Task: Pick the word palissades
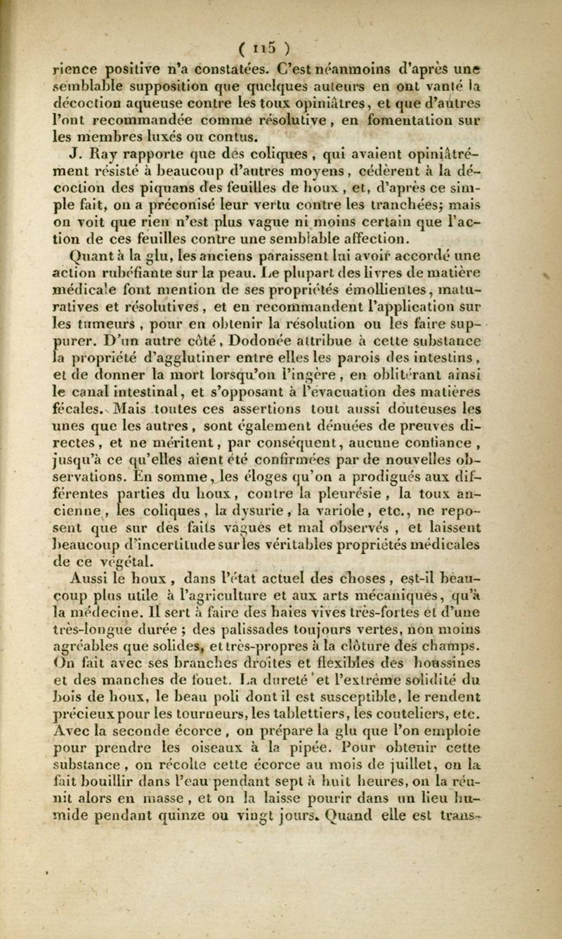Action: (x=283, y=643)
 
